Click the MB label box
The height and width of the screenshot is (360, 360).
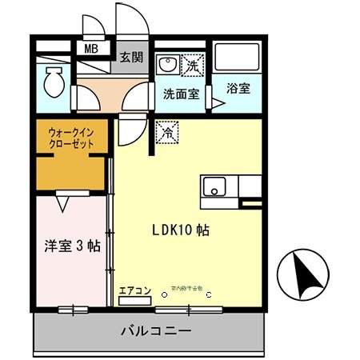click(x=91, y=49)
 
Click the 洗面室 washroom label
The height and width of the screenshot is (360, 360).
click(x=181, y=92)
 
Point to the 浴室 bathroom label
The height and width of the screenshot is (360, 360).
click(x=238, y=88)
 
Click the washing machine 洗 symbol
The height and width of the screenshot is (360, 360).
click(x=194, y=63)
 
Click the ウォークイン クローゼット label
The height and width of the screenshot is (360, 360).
click(x=71, y=138)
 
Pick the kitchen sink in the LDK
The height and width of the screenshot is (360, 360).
click(x=214, y=189)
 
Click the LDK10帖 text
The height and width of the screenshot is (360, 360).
click(x=181, y=230)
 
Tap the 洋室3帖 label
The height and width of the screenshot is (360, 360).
click(x=71, y=246)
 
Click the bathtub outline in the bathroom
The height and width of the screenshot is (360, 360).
click(x=238, y=55)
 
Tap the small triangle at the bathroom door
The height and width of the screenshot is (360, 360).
click(x=217, y=102)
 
